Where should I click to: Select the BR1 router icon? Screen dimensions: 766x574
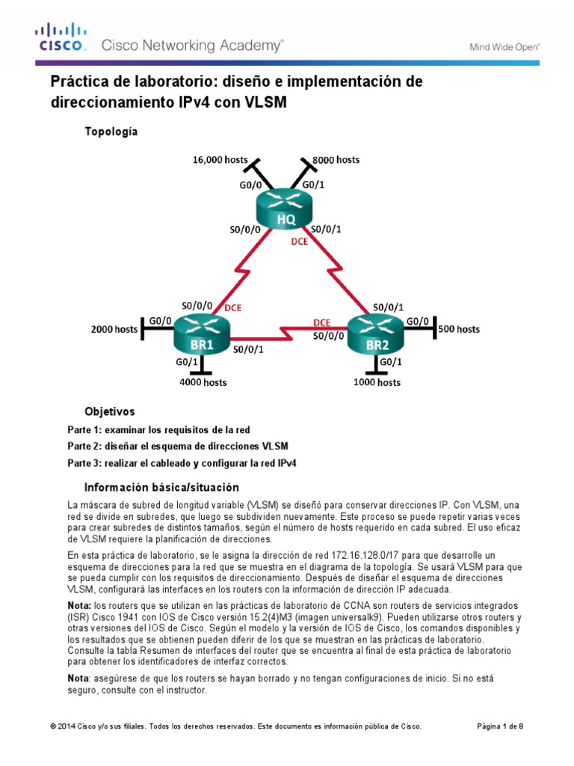point(200,337)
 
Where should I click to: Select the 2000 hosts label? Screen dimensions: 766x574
point(114,328)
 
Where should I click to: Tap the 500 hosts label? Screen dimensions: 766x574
point(457,328)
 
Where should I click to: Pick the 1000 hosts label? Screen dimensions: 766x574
point(376,382)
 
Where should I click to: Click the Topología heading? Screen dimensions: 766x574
point(111,131)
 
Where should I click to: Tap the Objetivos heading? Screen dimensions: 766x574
point(110,411)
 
